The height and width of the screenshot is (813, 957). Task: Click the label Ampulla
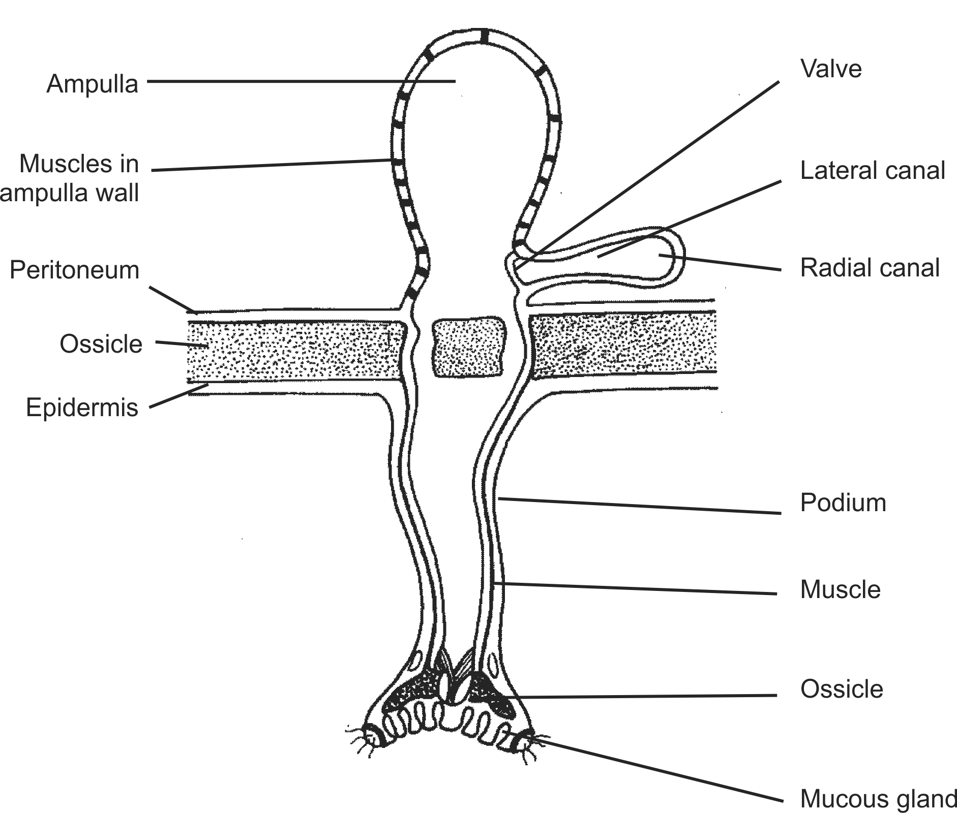pos(92,84)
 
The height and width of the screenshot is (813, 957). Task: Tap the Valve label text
pos(831,69)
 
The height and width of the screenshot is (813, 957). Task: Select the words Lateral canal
pos(872,170)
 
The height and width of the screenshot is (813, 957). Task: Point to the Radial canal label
pos(870,268)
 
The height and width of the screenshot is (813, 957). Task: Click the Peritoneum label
pos(74,270)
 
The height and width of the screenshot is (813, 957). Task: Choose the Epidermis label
pos(82,408)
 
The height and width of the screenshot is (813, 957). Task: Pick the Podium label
pos(843,503)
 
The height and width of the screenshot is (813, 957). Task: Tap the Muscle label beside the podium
pos(840,589)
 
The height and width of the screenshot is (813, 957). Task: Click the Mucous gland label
pos(878,798)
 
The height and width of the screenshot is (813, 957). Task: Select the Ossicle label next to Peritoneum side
pos(101,344)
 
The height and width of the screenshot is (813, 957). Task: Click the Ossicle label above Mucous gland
pos(842,689)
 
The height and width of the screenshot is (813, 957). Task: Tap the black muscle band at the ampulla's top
pos(484,37)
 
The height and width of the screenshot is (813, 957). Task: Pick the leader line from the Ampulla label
pos(300,81)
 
